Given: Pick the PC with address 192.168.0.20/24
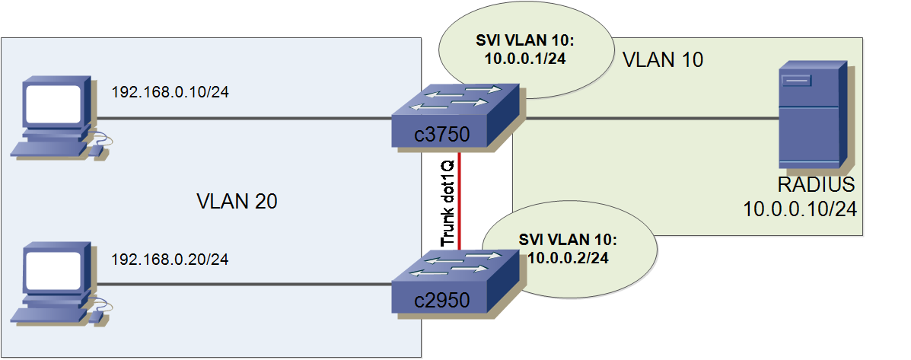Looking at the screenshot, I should (57, 283).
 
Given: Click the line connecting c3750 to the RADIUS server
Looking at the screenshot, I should (647, 119).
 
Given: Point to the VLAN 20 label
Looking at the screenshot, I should (236, 202).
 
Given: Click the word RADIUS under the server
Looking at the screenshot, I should (816, 185).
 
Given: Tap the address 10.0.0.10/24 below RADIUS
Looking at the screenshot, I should (801, 208).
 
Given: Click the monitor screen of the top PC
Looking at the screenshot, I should (54, 104).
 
